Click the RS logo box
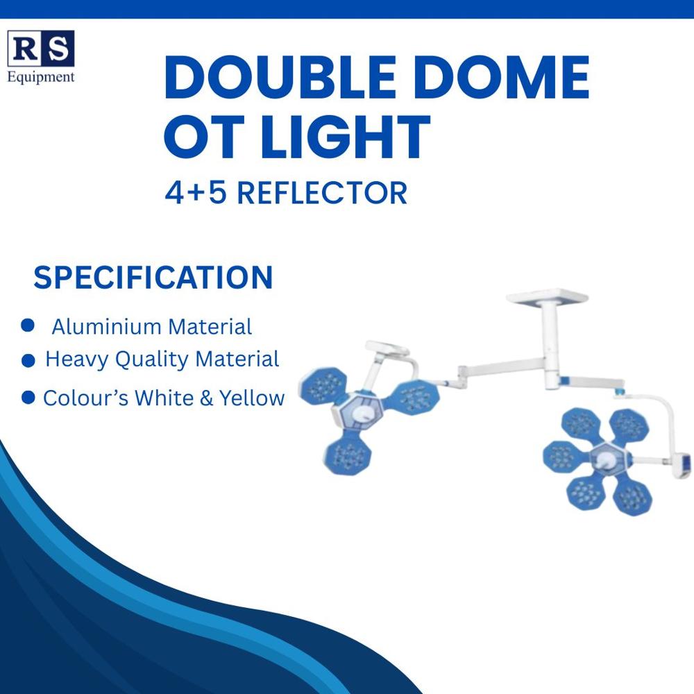tap(40, 49)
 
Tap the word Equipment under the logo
tap(40, 77)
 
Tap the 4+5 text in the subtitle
tap(196, 192)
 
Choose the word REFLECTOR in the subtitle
tap(322, 192)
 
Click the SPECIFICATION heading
tap(153, 278)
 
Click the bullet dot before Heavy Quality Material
tap(28, 361)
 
